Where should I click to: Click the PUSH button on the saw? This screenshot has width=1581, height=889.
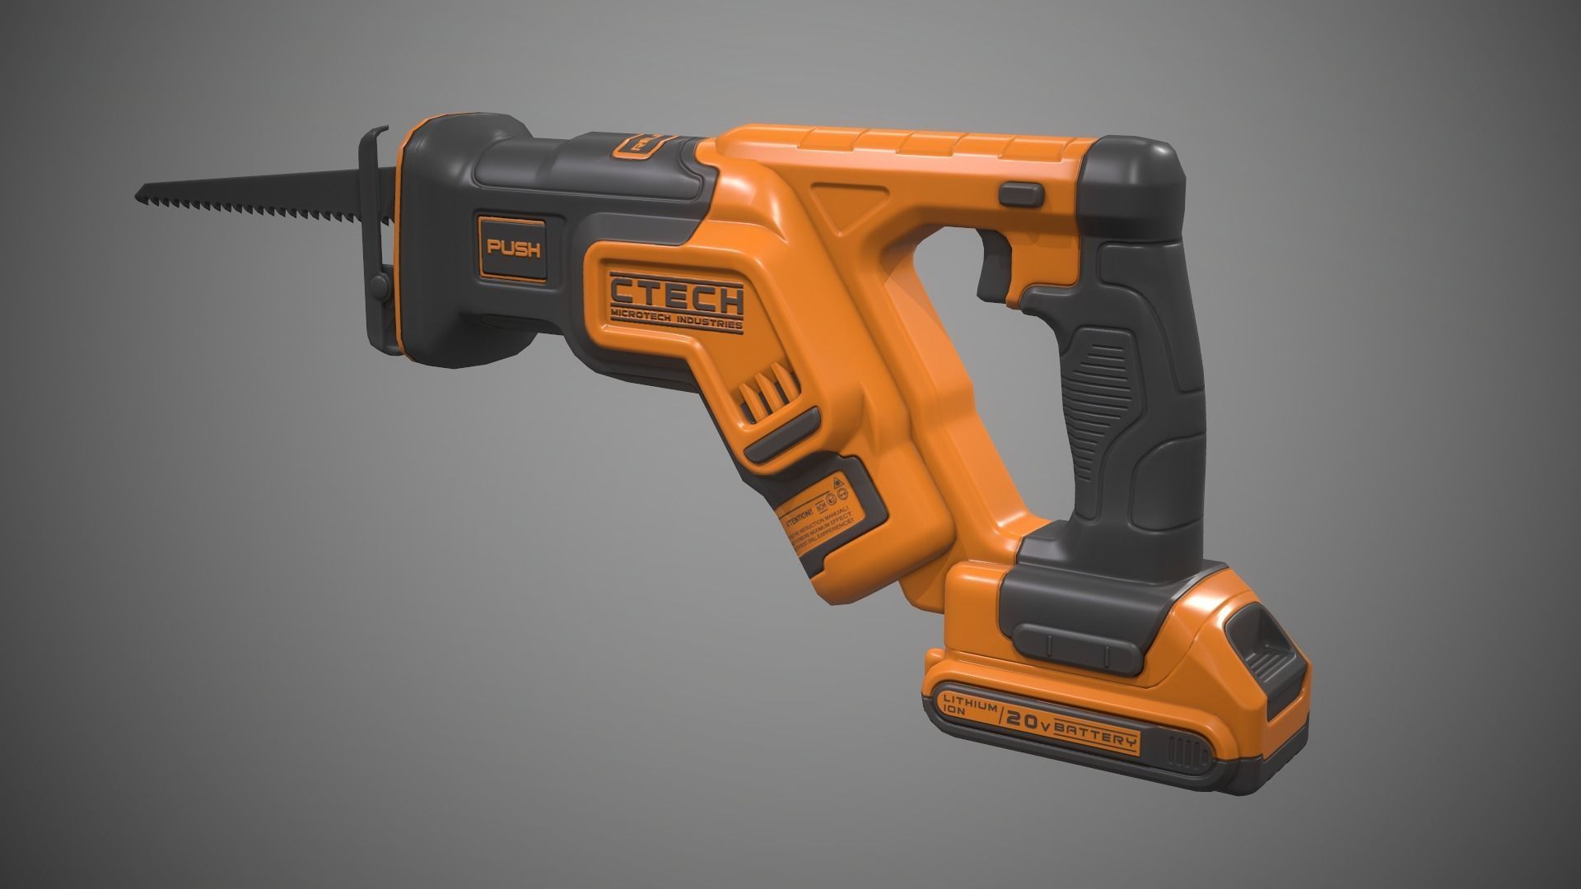(513, 249)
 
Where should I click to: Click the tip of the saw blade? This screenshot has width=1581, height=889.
(139, 198)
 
